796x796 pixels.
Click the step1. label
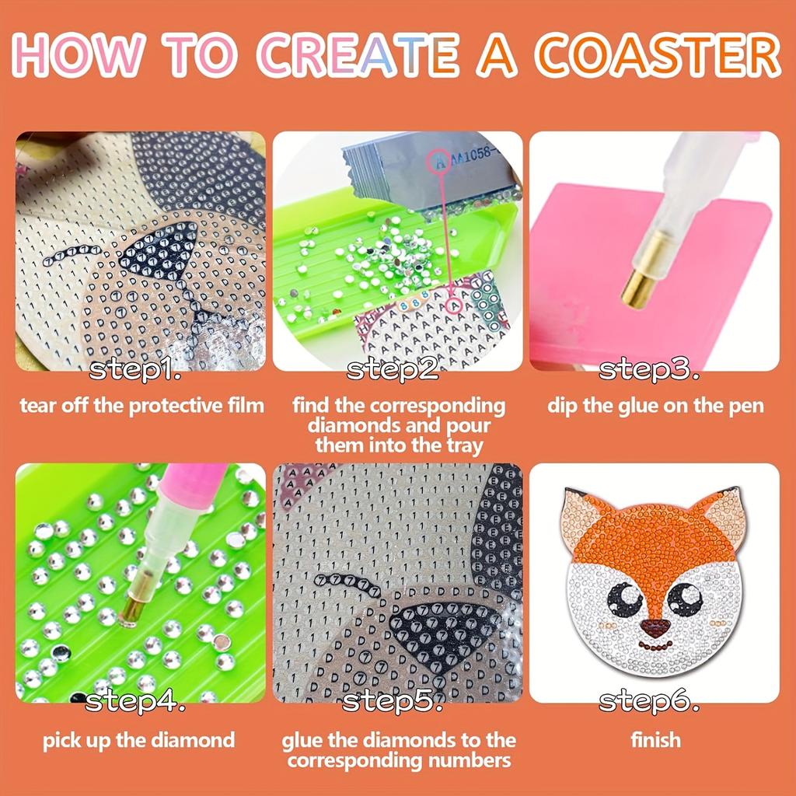[x=135, y=371]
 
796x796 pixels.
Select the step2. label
[x=393, y=371]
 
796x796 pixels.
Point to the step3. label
[x=649, y=371]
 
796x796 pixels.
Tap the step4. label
[x=135, y=703]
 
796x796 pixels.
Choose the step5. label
[x=393, y=703]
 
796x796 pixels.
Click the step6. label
[x=649, y=703]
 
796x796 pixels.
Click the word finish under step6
[x=655, y=740]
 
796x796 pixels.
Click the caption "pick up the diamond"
[x=138, y=740]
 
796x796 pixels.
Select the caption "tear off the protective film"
[x=141, y=406]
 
